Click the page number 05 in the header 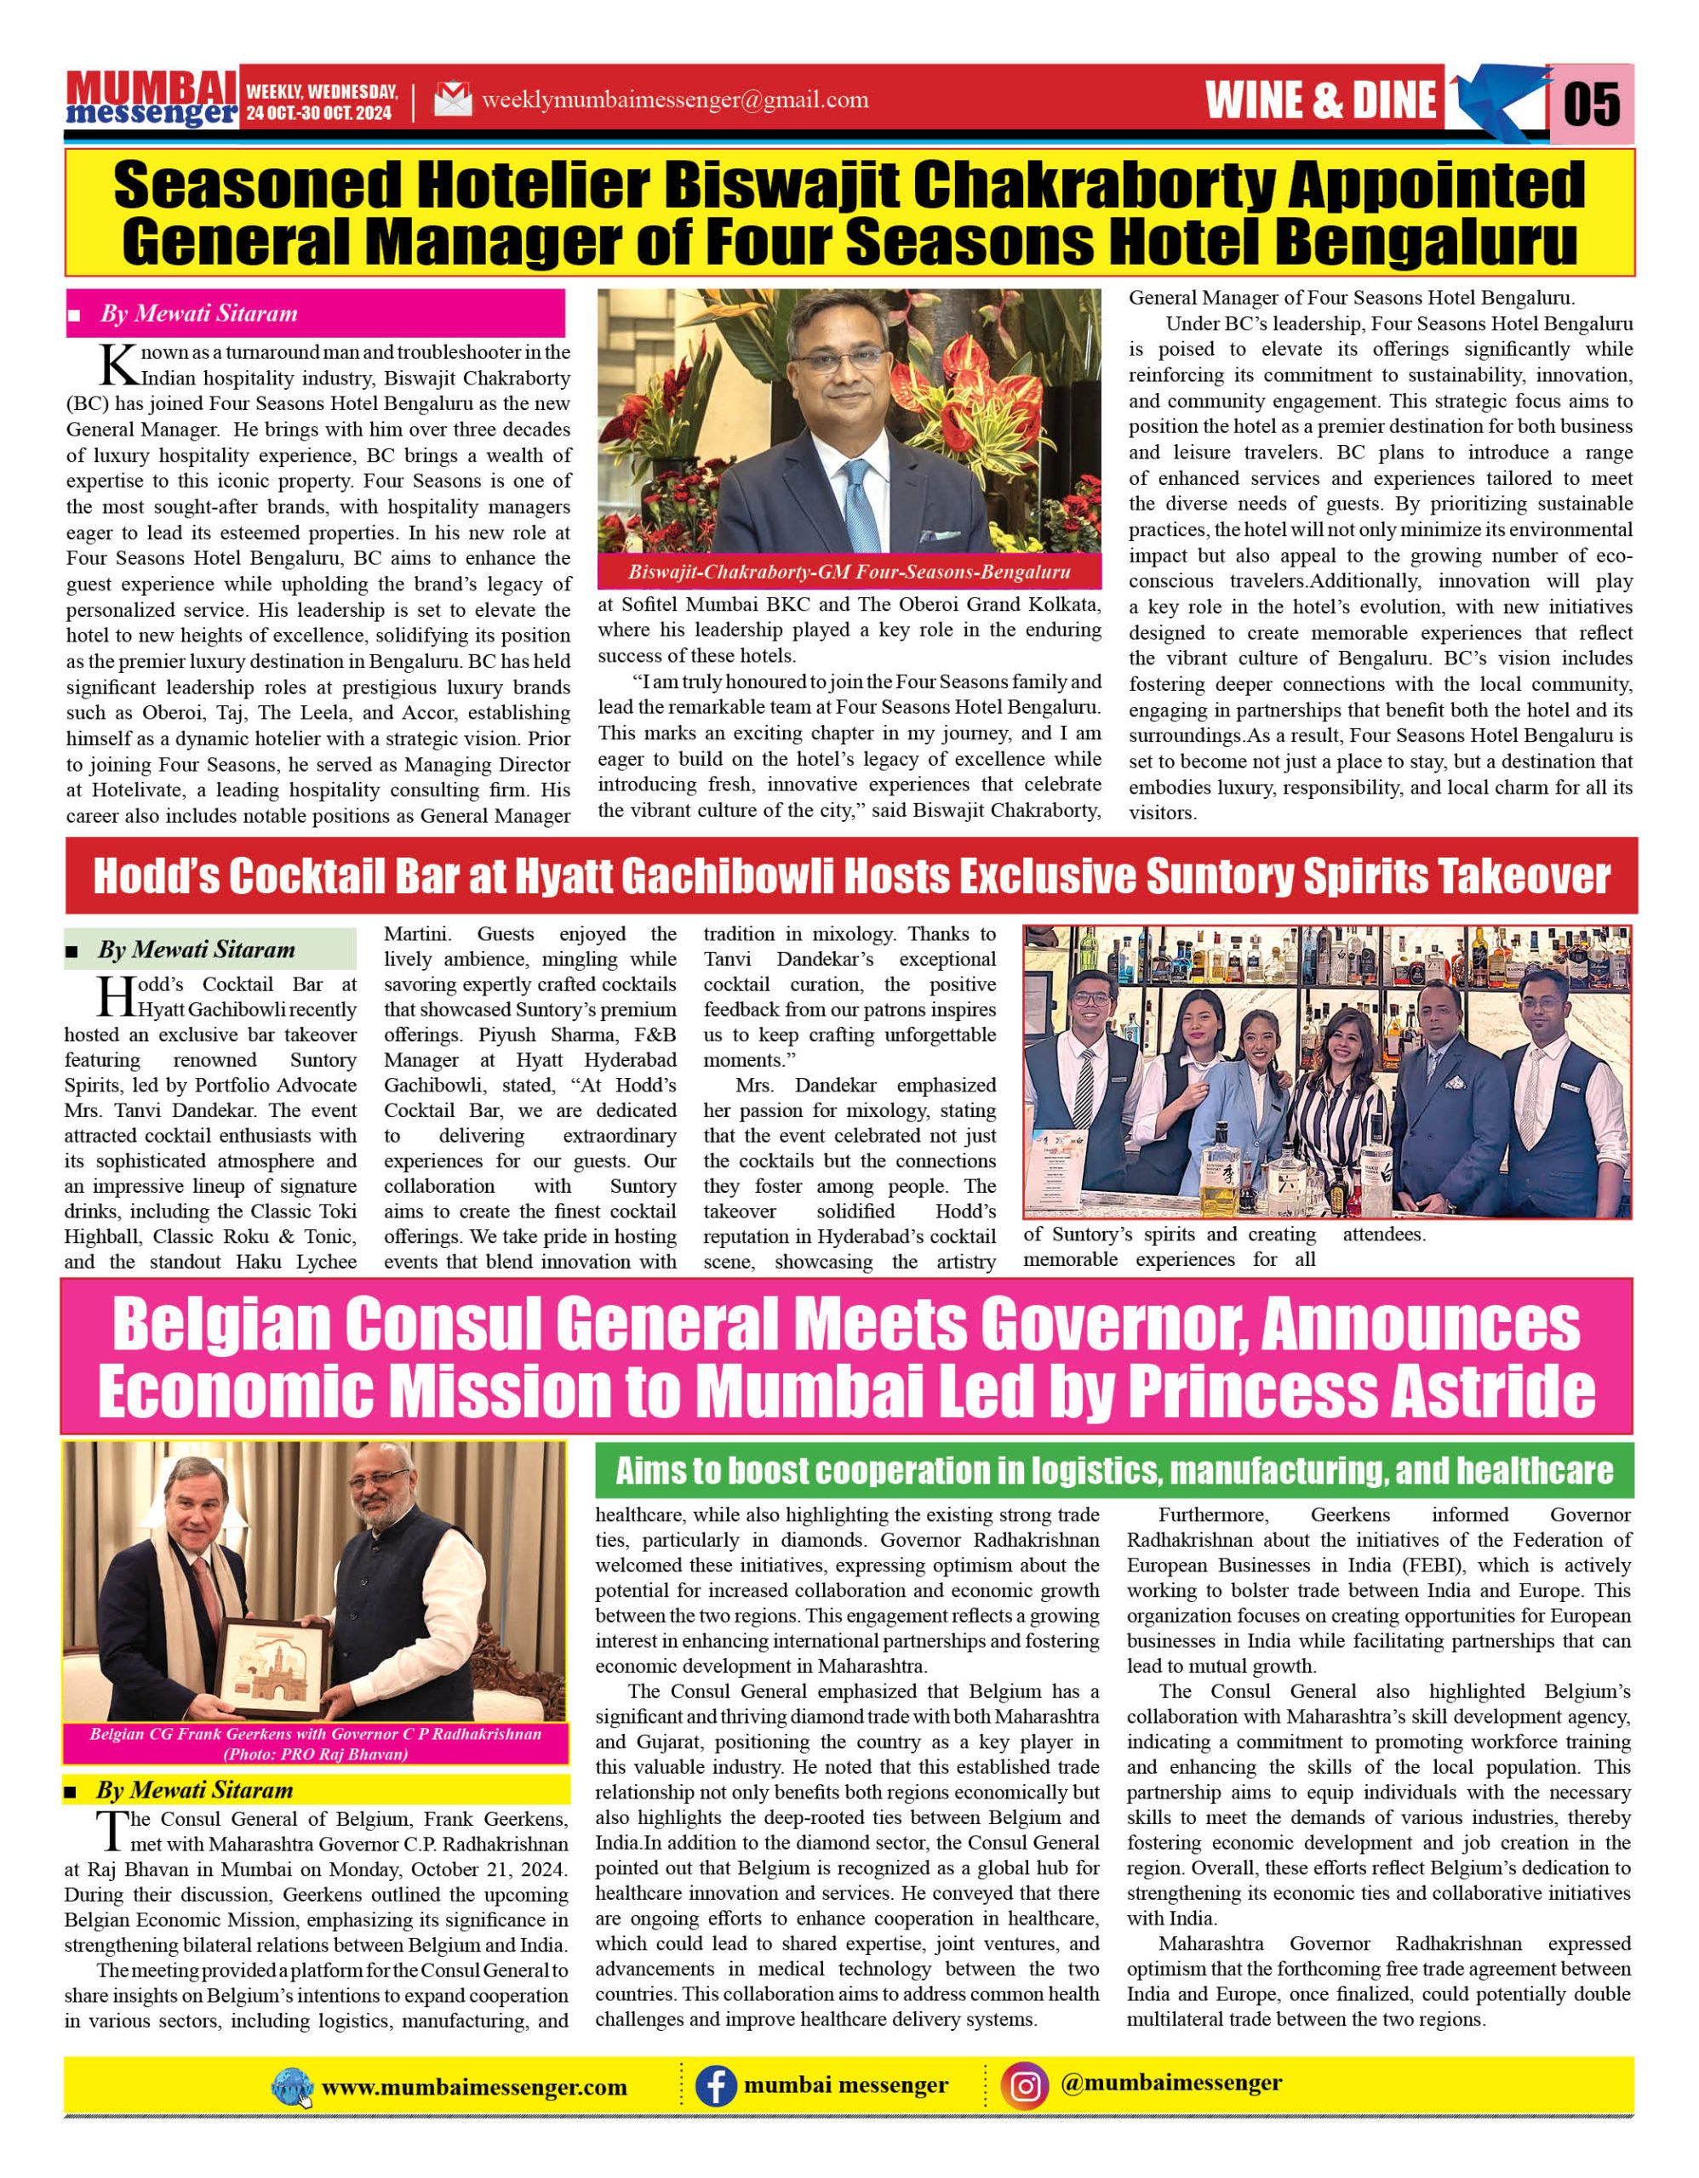(1593, 103)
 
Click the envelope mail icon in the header (453, 100)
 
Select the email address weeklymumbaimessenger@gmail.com (674, 100)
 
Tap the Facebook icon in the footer (715, 2086)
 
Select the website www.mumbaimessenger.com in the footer (474, 2087)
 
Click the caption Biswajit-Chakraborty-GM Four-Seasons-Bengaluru (849, 573)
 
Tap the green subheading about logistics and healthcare (1113, 1471)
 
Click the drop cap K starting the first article (117, 365)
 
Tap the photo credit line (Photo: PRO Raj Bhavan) (315, 1754)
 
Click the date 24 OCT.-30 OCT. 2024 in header (319, 114)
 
